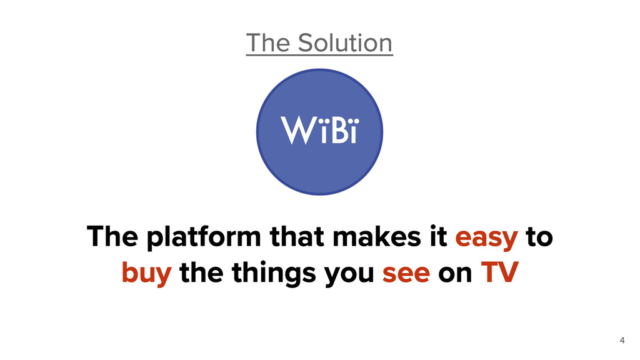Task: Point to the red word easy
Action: (487, 238)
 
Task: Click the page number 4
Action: (622, 341)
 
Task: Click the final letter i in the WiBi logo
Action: (353, 131)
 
